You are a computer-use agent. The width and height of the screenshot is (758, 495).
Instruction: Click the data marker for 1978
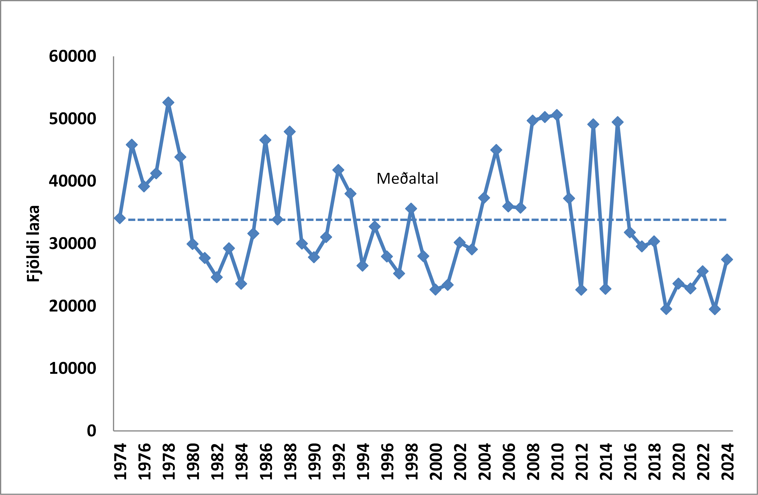pyautogui.click(x=168, y=102)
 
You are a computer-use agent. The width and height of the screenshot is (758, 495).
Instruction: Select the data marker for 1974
pyautogui.click(x=120, y=218)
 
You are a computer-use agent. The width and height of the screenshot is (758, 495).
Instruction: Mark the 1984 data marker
pyautogui.click(x=241, y=284)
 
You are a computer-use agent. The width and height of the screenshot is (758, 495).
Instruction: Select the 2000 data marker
pyautogui.click(x=435, y=289)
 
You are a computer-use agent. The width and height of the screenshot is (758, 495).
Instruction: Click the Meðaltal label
pyautogui.click(x=407, y=178)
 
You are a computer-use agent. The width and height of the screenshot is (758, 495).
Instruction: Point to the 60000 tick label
pyautogui.click(x=73, y=56)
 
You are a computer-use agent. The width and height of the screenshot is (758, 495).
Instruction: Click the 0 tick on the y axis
pyautogui.click(x=91, y=431)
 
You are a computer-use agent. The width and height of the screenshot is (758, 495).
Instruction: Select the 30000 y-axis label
pyautogui.click(x=73, y=244)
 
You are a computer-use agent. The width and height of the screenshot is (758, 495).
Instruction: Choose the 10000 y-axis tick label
pyautogui.click(x=73, y=368)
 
